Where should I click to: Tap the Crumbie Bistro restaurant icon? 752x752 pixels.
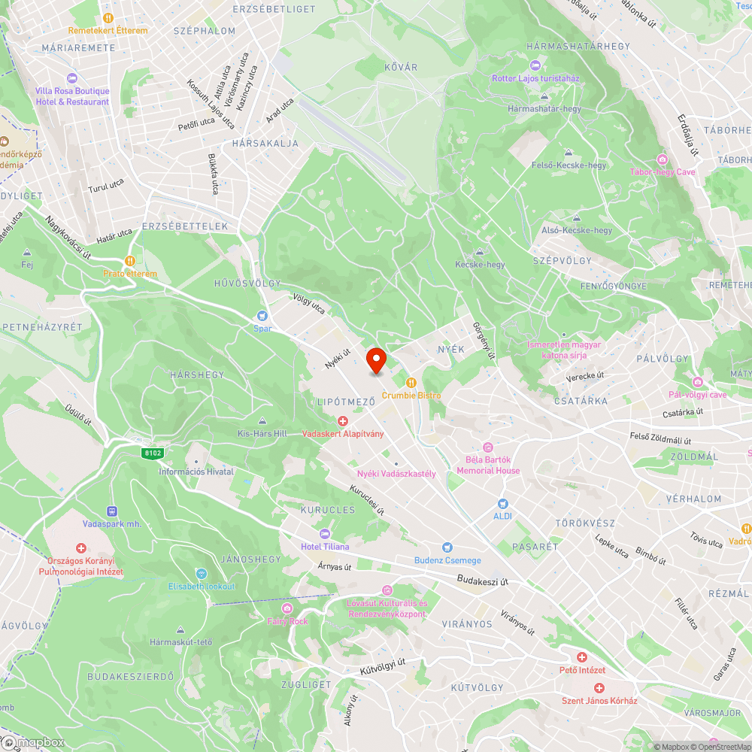coord(411,383)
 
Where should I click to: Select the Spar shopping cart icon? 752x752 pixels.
coord(262,316)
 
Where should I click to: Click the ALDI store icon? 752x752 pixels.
coord(502,503)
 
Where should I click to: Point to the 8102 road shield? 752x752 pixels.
coord(152,453)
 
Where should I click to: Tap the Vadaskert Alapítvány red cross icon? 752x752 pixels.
coord(342,421)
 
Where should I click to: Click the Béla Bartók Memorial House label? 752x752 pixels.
coord(487,465)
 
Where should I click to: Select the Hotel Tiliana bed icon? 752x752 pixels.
coord(325,533)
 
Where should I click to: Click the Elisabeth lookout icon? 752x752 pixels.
coord(201,574)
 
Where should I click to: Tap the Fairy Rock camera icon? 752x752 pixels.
coord(287,608)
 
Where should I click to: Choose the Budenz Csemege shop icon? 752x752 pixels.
coord(447,547)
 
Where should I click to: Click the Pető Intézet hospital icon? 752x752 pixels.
coord(582,657)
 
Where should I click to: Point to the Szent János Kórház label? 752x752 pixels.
coord(599,701)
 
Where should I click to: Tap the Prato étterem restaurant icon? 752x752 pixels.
coord(130,261)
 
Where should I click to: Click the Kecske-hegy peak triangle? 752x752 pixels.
coord(480,252)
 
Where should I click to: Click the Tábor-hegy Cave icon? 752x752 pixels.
coord(663,159)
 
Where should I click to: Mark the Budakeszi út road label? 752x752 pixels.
coord(483,581)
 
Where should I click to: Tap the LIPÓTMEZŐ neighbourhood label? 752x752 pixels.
coord(346,402)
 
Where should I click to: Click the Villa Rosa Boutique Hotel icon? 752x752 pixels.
coord(72,78)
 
